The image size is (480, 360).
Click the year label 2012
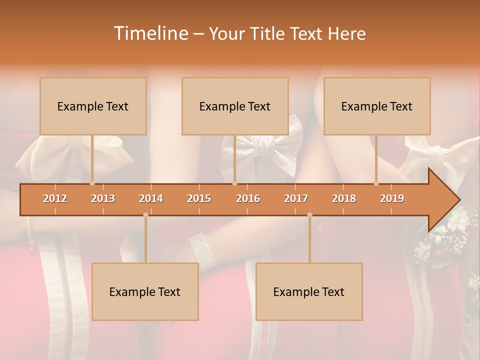coord(55,198)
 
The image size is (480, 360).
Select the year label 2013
coord(103,198)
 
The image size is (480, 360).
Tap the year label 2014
coord(151,198)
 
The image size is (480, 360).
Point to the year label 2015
coord(199,198)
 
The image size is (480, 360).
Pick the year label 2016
coord(248,198)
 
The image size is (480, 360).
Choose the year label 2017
coord(296,198)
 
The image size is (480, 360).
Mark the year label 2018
coord(344,198)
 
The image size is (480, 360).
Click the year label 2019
coord(392,198)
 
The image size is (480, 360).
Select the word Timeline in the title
coord(150,33)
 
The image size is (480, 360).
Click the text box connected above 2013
coord(93,106)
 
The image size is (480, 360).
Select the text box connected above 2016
coord(235,106)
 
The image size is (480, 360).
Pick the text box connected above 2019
coord(377,106)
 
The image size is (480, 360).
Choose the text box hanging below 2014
coord(145,291)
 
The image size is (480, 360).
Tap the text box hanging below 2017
coord(309,291)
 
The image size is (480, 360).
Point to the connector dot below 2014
coord(145,215)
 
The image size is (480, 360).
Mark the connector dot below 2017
coord(309,215)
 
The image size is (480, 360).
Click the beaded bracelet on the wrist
coord(202,250)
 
